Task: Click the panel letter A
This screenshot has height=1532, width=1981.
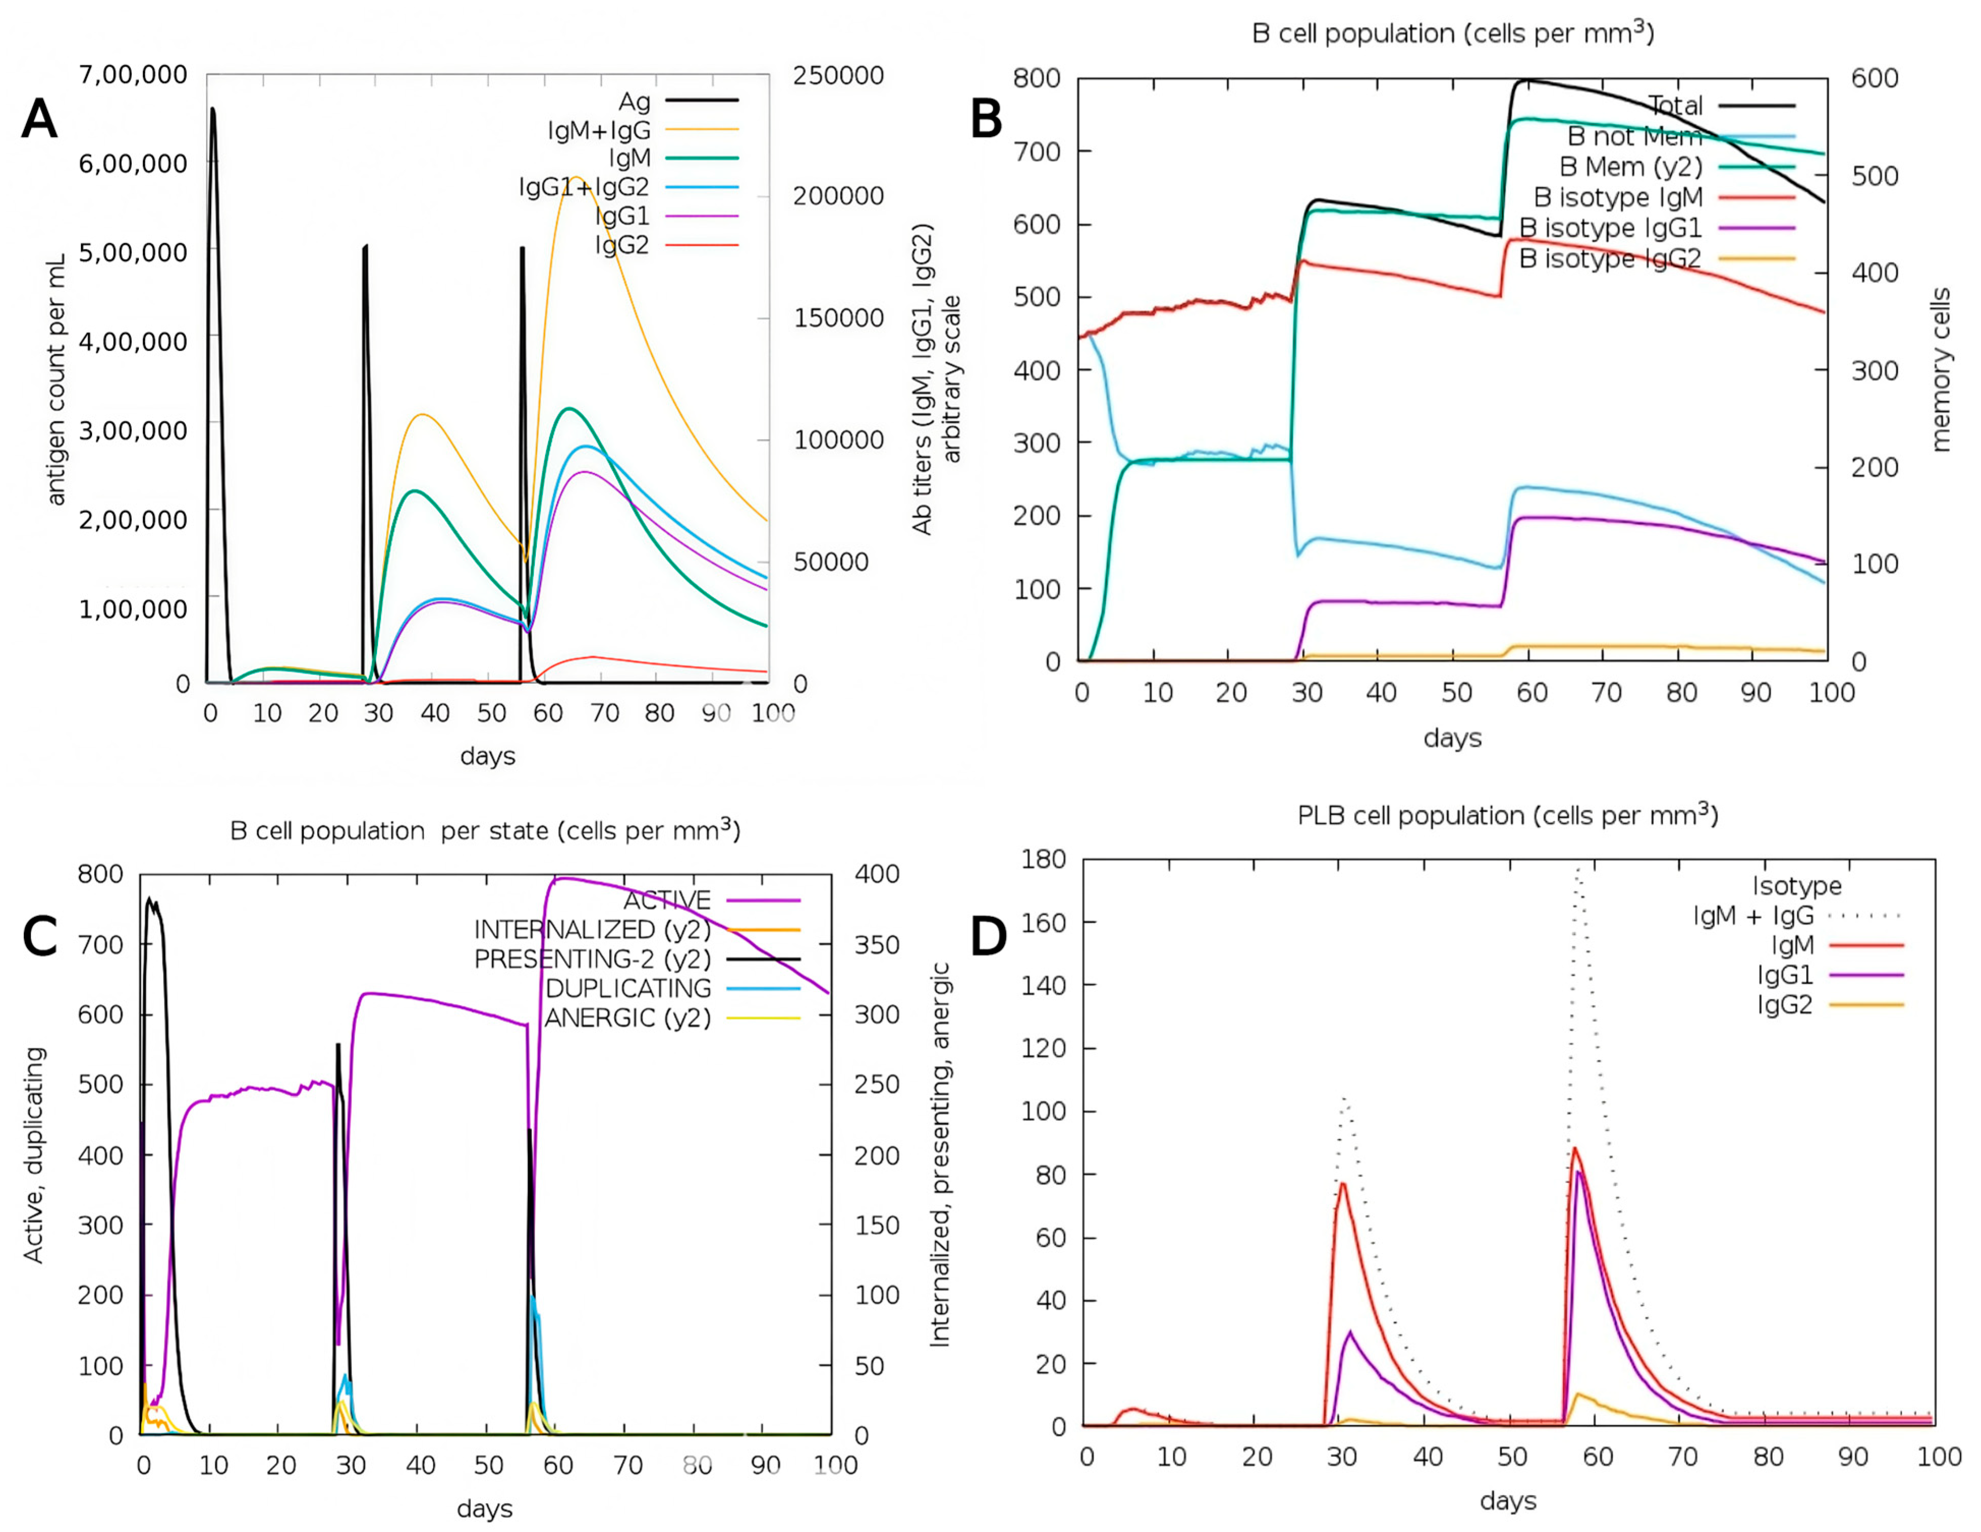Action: click(39, 119)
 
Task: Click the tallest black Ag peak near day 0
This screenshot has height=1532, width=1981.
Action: click(212, 109)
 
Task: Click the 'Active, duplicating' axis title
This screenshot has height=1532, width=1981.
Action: click(34, 1154)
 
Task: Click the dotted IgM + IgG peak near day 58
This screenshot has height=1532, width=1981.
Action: click(1578, 869)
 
